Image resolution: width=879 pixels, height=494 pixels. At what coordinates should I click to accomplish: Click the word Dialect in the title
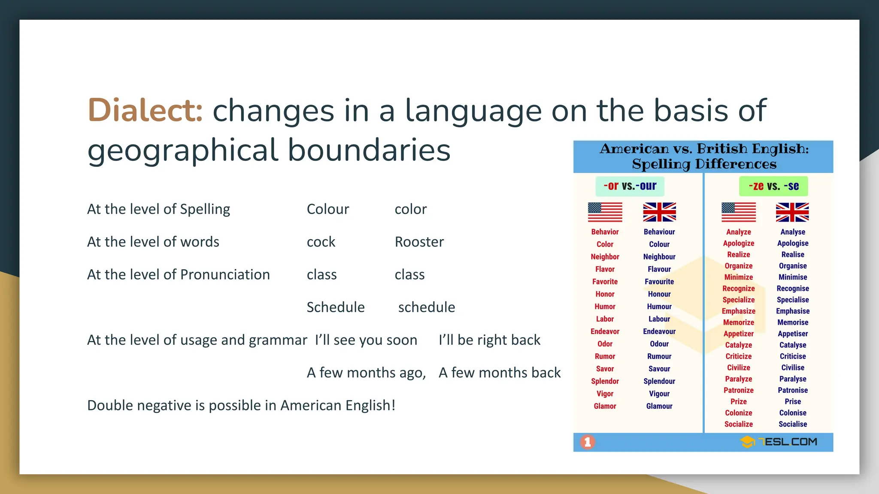(x=145, y=111)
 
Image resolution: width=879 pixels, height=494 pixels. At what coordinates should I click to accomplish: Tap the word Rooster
(x=419, y=242)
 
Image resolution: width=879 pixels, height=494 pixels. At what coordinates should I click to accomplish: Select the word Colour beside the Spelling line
(x=327, y=209)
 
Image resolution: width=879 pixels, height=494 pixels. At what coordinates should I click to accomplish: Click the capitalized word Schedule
(x=335, y=307)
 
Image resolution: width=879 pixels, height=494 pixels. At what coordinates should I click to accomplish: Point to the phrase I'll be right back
(x=489, y=340)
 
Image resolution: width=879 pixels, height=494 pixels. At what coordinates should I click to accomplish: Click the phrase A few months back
(x=499, y=373)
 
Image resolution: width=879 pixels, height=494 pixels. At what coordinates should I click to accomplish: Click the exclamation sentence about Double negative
(x=241, y=405)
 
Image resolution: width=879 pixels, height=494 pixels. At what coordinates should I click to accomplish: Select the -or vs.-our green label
(x=629, y=186)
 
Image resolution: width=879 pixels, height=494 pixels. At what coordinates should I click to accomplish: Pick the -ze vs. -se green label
(x=773, y=186)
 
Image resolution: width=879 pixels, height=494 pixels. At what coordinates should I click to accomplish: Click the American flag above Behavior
(x=605, y=212)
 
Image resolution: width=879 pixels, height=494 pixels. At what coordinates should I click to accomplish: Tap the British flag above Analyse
(x=792, y=212)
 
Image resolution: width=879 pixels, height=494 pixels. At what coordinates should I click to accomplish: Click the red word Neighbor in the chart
(x=605, y=257)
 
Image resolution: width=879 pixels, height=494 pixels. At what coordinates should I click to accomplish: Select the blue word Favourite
(x=659, y=282)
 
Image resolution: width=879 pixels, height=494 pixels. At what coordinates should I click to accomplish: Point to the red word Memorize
(x=738, y=322)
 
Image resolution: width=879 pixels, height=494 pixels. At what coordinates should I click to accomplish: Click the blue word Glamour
(x=659, y=406)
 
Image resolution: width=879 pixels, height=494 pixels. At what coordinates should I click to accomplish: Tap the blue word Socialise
(x=792, y=424)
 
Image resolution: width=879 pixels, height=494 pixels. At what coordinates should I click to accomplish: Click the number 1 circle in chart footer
(x=588, y=442)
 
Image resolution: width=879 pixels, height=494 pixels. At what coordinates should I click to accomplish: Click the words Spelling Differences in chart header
(x=704, y=164)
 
